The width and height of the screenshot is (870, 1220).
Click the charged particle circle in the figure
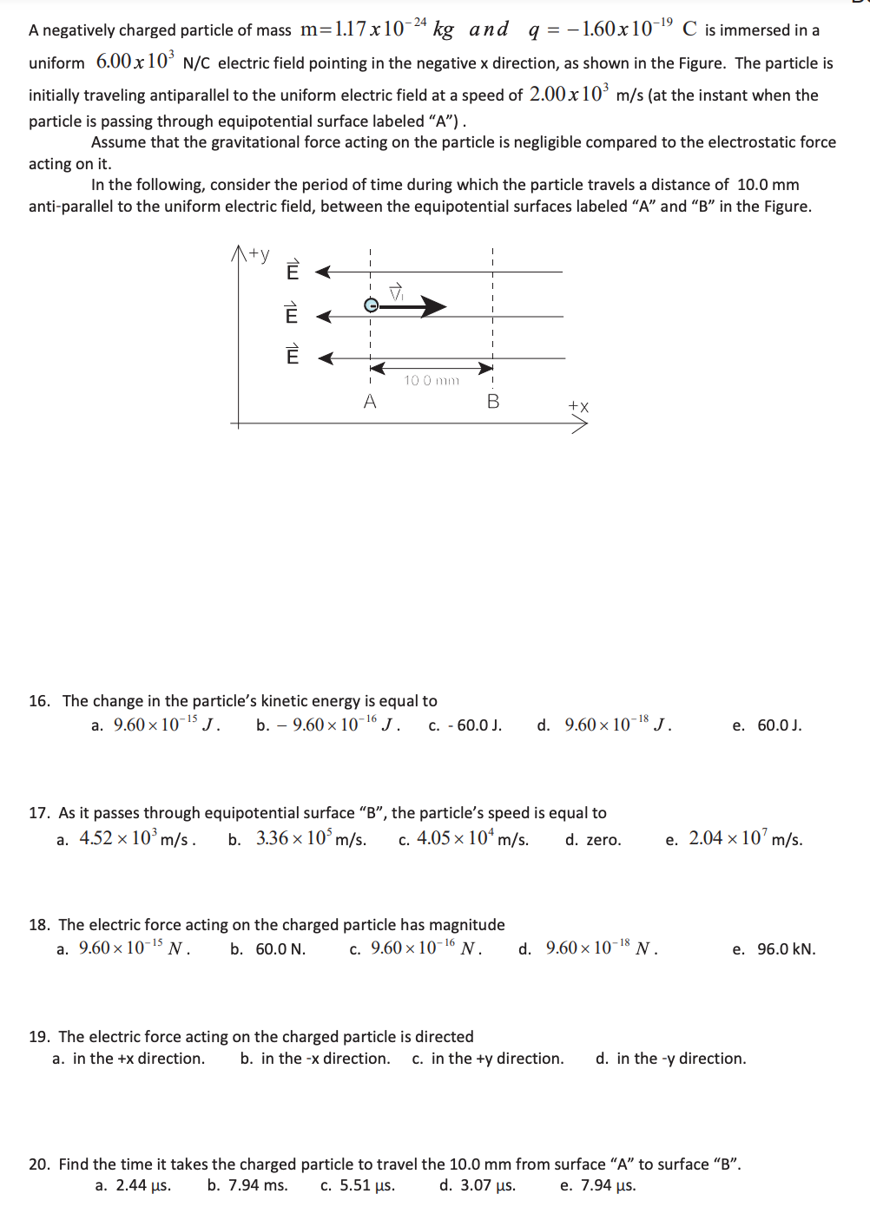tap(371, 305)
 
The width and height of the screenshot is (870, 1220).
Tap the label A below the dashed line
tap(370, 402)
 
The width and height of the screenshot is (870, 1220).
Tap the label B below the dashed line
tap(493, 402)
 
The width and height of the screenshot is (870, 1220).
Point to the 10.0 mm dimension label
tap(432, 380)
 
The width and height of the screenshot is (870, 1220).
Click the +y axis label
tap(259, 254)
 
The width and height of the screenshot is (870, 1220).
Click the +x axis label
tap(578, 406)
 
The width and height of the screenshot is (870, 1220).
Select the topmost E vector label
tap(293, 271)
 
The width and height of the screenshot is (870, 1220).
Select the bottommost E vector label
tap(293, 355)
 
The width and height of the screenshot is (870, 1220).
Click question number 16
tap(39, 701)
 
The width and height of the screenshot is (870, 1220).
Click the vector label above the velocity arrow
tap(396, 292)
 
